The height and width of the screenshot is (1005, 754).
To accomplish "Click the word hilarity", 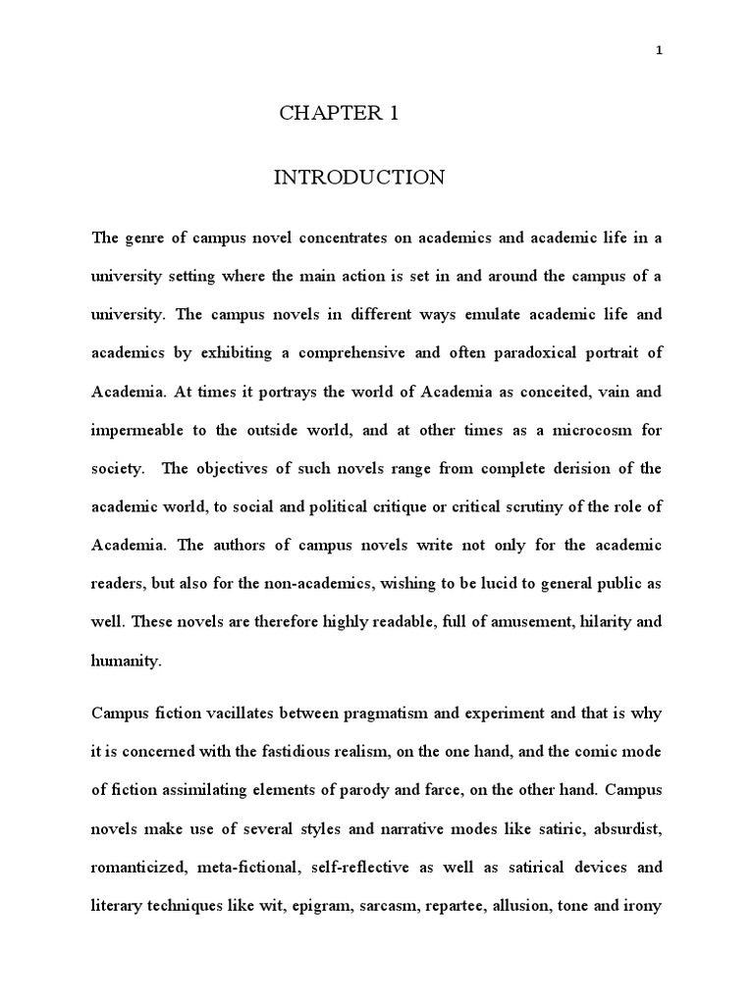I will (x=580, y=620).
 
